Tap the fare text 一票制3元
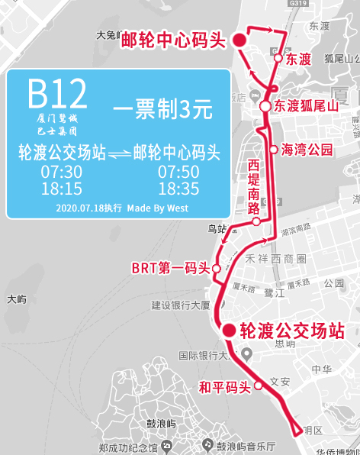click(162, 109)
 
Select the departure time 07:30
click(61, 172)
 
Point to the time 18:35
click(178, 189)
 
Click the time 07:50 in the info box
click(178, 172)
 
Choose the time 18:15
click(61, 189)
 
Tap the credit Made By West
click(157, 208)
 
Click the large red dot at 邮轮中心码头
click(239, 40)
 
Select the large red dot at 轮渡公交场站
click(228, 330)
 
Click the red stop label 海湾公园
click(307, 150)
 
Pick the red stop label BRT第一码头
click(170, 268)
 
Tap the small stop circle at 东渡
click(278, 59)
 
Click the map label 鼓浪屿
click(161, 424)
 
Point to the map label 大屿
click(16, 298)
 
